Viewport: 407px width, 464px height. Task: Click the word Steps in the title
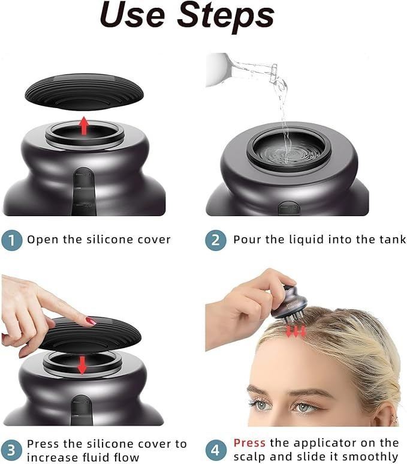coord(226,16)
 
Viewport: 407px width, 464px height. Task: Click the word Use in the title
coord(132,15)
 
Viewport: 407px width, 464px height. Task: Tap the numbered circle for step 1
coord(12,240)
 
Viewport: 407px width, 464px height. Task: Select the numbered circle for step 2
coord(216,240)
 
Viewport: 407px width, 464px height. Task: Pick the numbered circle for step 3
coord(11,450)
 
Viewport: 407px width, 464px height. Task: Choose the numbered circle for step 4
coord(216,450)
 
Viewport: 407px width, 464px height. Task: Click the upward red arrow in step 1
coord(85,126)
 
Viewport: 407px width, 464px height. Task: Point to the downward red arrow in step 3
coord(82,365)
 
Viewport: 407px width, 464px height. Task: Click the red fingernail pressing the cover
coord(91,321)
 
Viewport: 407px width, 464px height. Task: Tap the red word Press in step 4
coord(249,443)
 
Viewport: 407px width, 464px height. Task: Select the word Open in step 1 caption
coord(43,240)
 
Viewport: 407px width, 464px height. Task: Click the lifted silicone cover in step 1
coord(85,92)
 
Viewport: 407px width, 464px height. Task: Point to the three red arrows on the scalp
coord(296,331)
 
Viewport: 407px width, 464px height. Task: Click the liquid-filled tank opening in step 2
coord(289,149)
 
